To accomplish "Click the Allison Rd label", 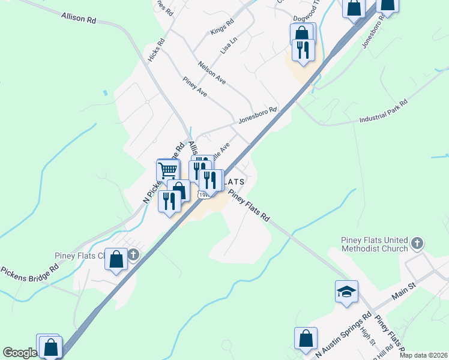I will pos(78,19).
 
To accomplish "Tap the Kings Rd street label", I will pos(222,28).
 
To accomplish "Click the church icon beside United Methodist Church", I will pos(418,244).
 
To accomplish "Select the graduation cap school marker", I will pos(346,292).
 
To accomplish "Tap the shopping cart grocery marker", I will pos(168,170).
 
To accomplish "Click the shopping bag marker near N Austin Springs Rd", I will pos(306,338).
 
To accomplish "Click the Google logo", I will pos(20,353).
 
